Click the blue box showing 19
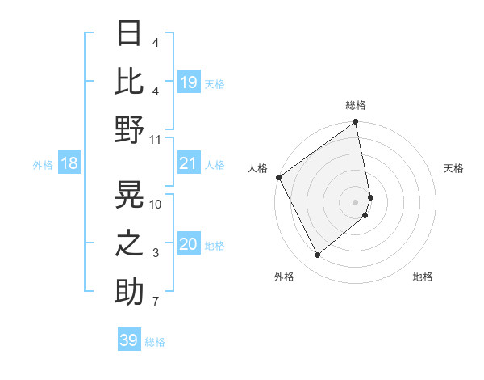189,82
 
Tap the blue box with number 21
189,164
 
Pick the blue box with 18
69,164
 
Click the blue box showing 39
129,340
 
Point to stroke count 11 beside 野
156,139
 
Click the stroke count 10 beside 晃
156,204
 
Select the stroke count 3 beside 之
156,253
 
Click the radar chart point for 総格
356,122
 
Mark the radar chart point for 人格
278,177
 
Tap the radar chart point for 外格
318,255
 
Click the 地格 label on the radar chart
423,277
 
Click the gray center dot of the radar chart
356,201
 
